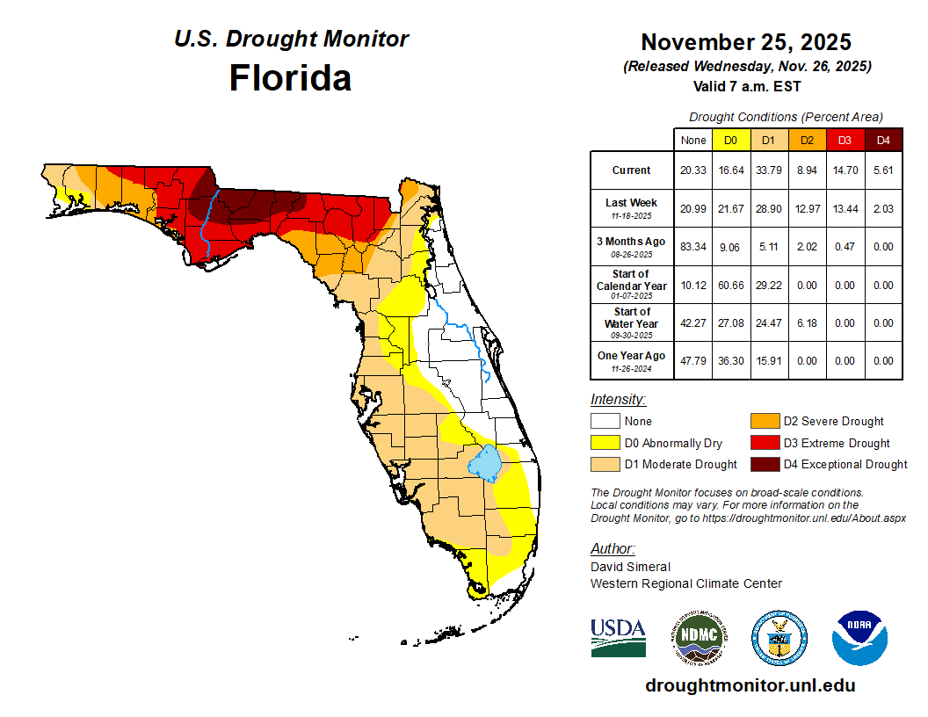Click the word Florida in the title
290,78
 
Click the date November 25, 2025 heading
745,42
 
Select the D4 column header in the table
883,140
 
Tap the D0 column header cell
730,140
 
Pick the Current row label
632,170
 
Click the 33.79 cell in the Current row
768,170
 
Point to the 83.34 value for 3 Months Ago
692,247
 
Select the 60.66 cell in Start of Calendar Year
730,286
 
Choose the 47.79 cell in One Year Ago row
692,361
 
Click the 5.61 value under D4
883,170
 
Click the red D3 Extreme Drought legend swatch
764,443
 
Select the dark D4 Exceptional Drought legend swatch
764,464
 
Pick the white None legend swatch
605,422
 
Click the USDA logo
618,638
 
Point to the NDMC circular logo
700,638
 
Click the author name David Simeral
630,567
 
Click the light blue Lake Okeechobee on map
484,462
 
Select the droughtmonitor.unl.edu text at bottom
750,685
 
